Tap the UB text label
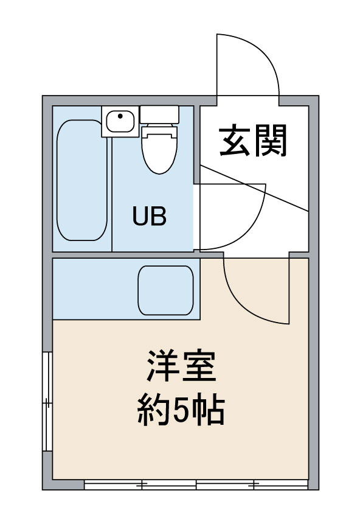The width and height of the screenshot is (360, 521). coord(150,217)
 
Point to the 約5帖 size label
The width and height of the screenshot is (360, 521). coord(181,411)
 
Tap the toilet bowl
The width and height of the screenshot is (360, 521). coord(160,150)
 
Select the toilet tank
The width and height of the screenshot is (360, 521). coord(159,114)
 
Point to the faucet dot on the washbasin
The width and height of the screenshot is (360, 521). coord(120,116)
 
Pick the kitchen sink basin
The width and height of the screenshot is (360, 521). coord(165,290)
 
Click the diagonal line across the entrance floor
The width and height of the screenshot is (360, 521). coord(255,188)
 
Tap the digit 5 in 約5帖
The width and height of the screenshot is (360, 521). coord(181,411)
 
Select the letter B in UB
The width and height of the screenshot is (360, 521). coord(159,217)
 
